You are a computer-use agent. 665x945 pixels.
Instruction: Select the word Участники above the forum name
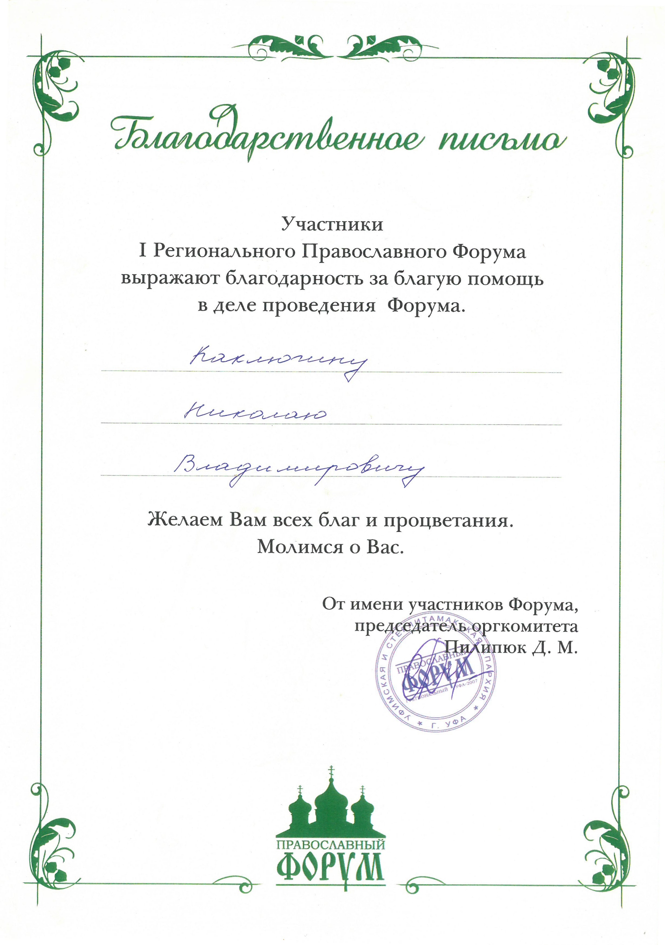(332, 225)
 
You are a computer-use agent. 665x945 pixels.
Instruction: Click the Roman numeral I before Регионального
(143, 251)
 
